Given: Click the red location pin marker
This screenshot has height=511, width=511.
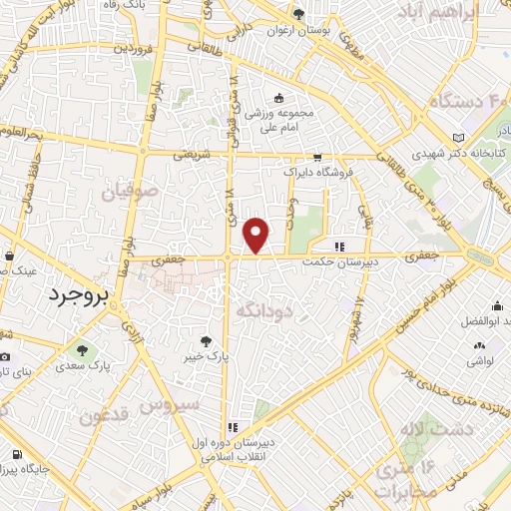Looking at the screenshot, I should [257, 235].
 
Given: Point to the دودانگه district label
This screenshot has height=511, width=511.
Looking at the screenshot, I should [262, 310].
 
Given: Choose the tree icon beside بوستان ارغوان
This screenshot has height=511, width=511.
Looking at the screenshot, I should [298, 14].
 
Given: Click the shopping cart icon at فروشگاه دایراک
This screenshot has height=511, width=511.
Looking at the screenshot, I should [316, 157].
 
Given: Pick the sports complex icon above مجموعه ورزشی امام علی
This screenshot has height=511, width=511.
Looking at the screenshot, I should [278, 99].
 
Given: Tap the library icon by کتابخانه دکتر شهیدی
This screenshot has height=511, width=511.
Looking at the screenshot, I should [458, 137].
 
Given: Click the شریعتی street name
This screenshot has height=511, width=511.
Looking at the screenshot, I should [194, 155].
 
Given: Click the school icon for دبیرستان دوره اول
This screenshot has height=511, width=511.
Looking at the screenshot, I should [232, 425].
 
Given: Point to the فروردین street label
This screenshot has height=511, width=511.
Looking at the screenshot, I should [135, 47].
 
